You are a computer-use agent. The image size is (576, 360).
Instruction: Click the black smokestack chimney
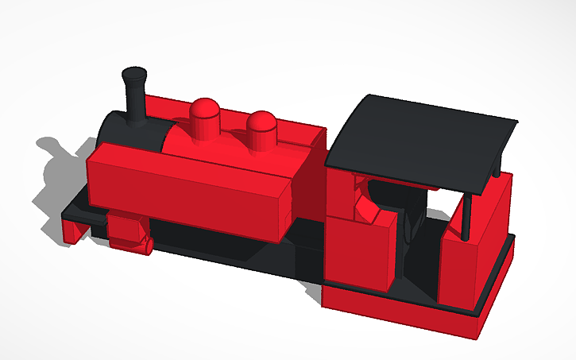pyautogui.click(x=136, y=102)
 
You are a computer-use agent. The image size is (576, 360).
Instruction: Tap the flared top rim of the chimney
pyautogui.click(x=134, y=75)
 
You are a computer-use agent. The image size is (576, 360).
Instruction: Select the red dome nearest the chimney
pyautogui.click(x=204, y=119)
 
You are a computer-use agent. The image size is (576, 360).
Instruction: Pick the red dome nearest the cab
pyautogui.click(x=261, y=130)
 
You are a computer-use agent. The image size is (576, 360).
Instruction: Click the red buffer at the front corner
pyautogui.click(x=74, y=230)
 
